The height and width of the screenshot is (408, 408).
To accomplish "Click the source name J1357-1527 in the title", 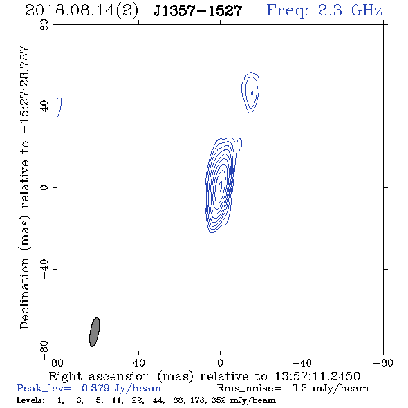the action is point(198,10).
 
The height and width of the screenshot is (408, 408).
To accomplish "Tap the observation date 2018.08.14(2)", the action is point(82,11).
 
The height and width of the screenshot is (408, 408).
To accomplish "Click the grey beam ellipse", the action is point(94,332).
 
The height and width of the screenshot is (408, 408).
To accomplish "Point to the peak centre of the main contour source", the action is point(221,186).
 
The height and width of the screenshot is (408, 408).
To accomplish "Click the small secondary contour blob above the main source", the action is point(250,93).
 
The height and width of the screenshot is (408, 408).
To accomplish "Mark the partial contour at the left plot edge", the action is point(59,106).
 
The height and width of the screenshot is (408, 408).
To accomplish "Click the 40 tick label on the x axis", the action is point(138,362).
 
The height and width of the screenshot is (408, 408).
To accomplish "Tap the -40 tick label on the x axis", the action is point(302,362).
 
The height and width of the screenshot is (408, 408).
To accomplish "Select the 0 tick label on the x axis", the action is point(220,362).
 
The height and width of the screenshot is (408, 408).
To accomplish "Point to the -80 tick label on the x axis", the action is point(383,362).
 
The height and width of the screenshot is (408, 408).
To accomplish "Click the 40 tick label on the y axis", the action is point(44,106).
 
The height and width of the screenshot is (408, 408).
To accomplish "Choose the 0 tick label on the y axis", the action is point(44,187).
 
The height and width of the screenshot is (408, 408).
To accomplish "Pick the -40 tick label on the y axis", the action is point(44,269).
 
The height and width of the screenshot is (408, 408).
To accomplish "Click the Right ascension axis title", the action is point(204,376).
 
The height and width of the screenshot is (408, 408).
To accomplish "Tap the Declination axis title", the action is point(24,187).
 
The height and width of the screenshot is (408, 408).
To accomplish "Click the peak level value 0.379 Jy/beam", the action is point(121,389).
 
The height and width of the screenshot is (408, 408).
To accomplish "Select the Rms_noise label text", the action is point(249,389).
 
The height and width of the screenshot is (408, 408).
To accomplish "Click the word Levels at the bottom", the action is point(30,400).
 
